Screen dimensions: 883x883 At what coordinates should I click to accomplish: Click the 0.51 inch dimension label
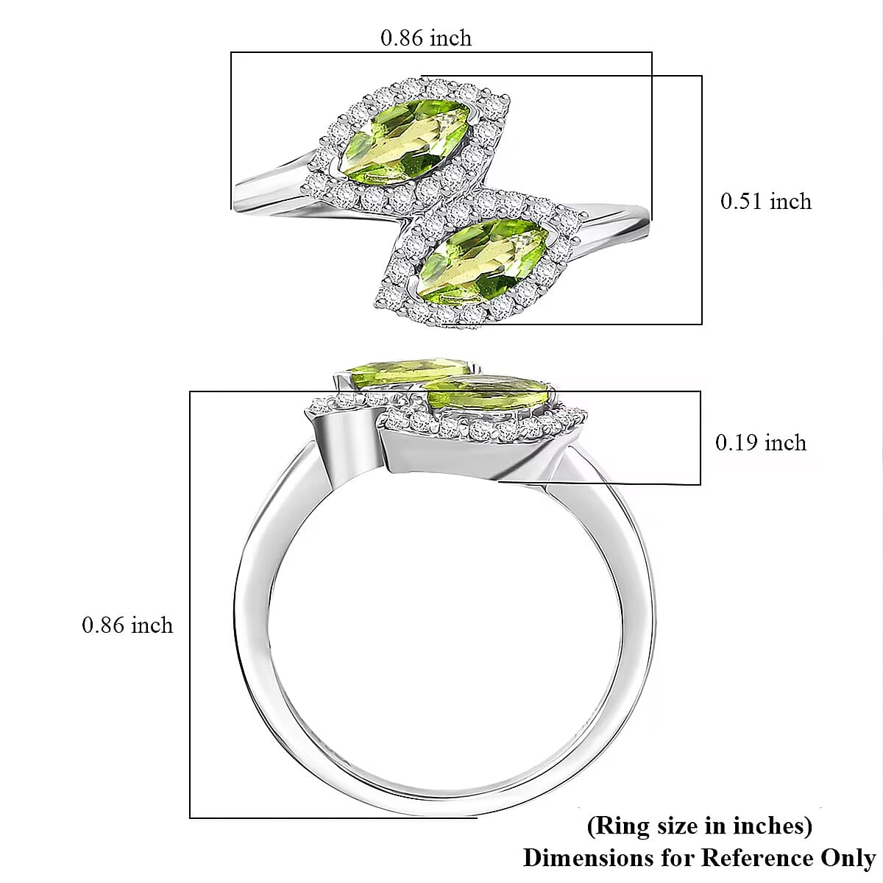[x=765, y=202]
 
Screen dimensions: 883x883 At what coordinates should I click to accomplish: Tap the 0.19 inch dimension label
[x=760, y=442]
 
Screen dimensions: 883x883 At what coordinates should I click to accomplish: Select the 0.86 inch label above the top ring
[x=425, y=38]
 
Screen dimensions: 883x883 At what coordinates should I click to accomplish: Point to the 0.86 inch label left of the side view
[x=127, y=625]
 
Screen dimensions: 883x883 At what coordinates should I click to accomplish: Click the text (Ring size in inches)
[x=699, y=826]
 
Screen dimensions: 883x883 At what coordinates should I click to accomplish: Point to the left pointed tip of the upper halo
[x=324, y=139]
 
